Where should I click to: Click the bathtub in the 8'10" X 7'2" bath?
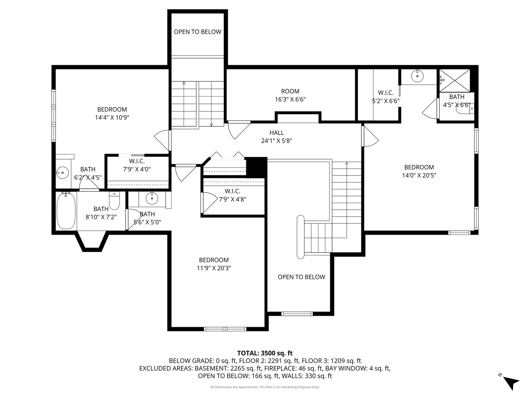tap(66, 211)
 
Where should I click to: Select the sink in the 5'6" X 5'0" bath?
tap(152, 199)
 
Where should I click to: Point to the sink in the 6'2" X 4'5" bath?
tap(63, 172)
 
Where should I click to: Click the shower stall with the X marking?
tap(455, 80)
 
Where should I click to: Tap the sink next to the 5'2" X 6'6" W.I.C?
tap(417, 77)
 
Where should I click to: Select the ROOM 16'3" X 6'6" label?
tap(290, 95)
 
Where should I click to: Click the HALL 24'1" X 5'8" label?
tap(276, 136)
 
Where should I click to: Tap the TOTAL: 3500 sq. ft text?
tap(265, 353)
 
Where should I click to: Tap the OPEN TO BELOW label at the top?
tap(198, 32)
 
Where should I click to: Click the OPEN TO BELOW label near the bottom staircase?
tap(301, 277)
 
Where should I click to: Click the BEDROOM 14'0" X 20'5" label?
tap(419, 171)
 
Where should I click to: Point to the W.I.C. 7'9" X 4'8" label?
tap(232, 195)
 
